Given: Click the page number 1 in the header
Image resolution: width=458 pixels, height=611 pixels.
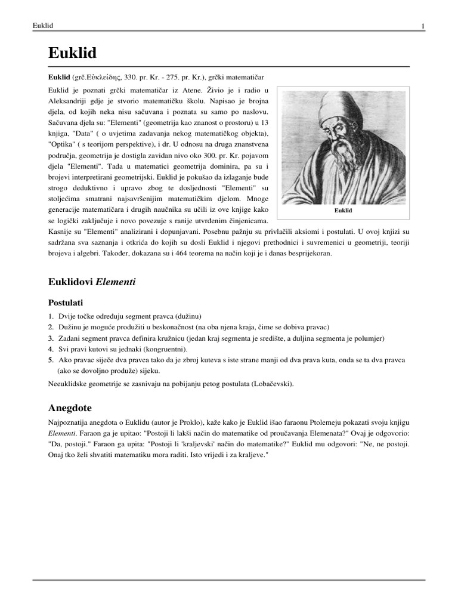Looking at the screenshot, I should click(x=423, y=26).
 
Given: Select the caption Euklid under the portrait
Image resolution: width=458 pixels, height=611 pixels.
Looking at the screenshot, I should click(x=345, y=211).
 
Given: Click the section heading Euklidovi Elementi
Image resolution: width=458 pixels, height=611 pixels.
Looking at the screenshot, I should click(x=91, y=282).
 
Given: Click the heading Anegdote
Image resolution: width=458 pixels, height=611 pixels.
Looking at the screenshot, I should click(x=69, y=409).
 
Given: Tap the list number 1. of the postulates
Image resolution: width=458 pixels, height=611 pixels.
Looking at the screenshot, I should click(x=51, y=316).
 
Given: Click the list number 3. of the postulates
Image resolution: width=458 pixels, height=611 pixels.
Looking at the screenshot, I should click(x=51, y=338).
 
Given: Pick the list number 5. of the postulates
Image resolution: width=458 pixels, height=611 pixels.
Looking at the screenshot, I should click(x=51, y=360).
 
